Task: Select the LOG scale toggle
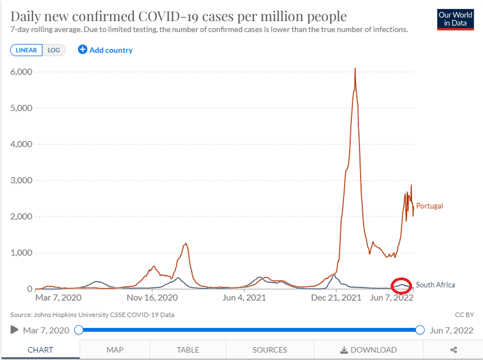pos(53,50)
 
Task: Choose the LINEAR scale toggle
pos(26,50)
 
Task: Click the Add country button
pos(105,50)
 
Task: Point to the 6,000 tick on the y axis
pos(22,72)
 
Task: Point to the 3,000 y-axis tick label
pos(22,180)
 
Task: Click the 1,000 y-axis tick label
pos(22,253)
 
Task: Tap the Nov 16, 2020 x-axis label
pos(152,298)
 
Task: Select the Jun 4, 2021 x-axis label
pos(244,298)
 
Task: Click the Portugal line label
pos(429,206)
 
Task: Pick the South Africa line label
pos(435,285)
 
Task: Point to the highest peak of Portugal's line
pos(355,68)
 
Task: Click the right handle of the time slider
pos(420,330)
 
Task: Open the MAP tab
pos(115,350)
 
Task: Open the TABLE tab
pos(188,350)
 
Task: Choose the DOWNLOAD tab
pos(369,350)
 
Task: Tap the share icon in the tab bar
pos(453,350)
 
